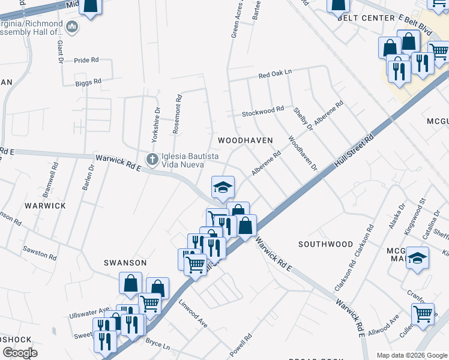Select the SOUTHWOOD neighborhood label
tap(325, 244)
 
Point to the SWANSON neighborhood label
tap(125, 263)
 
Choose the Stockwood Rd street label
tap(262, 111)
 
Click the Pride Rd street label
tap(86, 60)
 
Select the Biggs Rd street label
tap(88, 81)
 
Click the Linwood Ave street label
tap(193, 313)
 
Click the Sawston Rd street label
tap(40, 253)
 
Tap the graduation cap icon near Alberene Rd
tap(223, 187)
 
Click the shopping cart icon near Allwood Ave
tap(423, 313)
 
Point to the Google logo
tap(20, 353)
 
